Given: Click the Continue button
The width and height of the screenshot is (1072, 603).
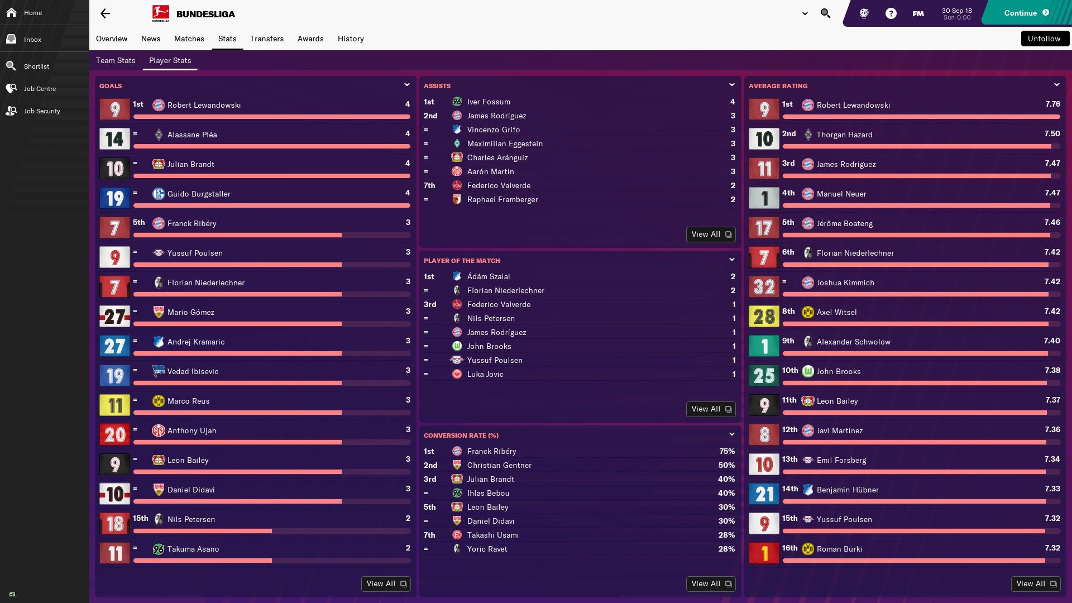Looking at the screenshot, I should tap(1026, 13).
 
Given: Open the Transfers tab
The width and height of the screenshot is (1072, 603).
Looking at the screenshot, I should tap(266, 39).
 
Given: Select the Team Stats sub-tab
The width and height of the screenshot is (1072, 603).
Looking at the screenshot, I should tap(116, 60).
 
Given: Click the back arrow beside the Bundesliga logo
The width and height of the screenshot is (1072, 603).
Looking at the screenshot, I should tap(105, 14).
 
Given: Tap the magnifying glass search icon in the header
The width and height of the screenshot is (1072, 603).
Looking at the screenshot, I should tap(825, 13).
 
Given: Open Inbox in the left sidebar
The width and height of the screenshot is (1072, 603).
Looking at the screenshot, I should tap(32, 40).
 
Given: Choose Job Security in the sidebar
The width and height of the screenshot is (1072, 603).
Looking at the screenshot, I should tap(41, 111).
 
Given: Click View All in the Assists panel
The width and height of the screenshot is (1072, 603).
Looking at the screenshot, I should tap(710, 234).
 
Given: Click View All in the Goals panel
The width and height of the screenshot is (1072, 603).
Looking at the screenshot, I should tap(385, 584).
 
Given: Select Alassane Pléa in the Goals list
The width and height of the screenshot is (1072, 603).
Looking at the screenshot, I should tap(192, 135).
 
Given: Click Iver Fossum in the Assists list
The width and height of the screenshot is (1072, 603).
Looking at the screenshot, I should tap(489, 102).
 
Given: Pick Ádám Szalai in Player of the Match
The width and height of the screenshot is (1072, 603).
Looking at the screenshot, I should tap(489, 276).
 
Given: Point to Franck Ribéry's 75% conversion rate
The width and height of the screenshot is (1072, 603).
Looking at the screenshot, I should tap(726, 451).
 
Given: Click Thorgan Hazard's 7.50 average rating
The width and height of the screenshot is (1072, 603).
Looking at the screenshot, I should tap(1052, 134).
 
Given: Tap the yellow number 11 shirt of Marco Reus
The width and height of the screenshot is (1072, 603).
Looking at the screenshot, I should tap(114, 405).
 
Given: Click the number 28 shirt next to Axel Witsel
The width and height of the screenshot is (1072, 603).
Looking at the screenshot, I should tap(763, 317).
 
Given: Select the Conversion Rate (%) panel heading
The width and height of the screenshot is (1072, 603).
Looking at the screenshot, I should tap(461, 435).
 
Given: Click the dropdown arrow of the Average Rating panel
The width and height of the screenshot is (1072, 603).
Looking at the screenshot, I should tap(1056, 85).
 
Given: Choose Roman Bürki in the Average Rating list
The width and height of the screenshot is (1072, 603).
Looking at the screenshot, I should tap(839, 549).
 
